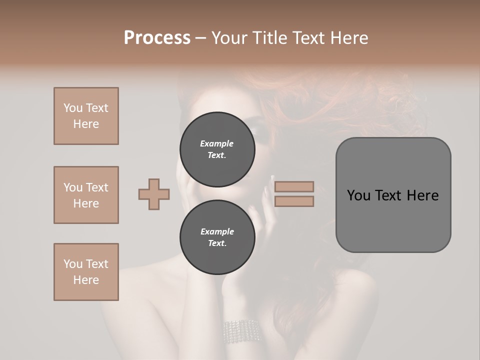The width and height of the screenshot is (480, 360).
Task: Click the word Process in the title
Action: pos(157,38)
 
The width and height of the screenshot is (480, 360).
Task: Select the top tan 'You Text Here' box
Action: pos(86,116)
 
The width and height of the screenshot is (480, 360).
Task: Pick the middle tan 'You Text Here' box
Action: pos(86,195)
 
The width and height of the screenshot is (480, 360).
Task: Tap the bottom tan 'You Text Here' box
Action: pos(86,272)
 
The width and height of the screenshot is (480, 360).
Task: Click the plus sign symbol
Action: pos(154,194)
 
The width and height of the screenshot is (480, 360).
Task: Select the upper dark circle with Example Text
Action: pos(217,149)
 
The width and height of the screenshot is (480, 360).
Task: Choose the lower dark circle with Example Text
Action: pos(217,237)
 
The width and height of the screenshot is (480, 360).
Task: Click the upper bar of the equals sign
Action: pos(294,186)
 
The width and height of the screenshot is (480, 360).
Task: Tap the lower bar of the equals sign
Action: pos(294,201)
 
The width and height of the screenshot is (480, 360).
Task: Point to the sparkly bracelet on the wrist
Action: pos(241,330)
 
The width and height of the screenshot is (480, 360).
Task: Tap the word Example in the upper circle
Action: pos(217,143)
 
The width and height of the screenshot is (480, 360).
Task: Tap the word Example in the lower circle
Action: pos(217,231)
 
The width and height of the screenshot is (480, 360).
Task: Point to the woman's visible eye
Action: pos(260,131)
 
